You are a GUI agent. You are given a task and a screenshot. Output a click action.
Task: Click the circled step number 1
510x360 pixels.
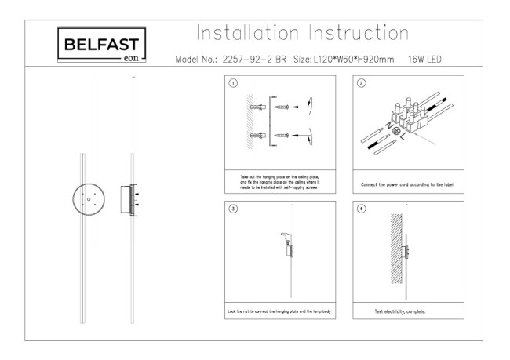click(233, 84)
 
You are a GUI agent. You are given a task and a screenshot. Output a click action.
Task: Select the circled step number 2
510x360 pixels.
click(361, 84)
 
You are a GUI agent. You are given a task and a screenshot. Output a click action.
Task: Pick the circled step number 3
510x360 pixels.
click(233, 209)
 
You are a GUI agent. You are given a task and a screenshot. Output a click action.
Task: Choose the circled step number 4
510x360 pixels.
click(361, 209)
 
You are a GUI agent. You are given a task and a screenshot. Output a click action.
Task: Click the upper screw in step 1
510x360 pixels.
click(280, 107)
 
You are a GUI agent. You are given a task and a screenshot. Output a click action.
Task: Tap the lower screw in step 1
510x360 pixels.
click(280, 136)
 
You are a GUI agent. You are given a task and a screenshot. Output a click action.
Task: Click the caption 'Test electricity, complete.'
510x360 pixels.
click(400, 311)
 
